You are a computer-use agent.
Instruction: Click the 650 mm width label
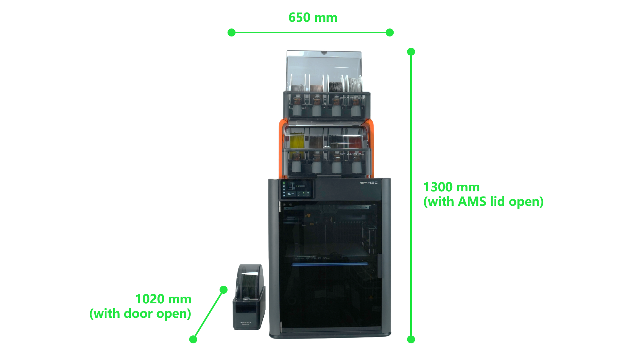point(313,18)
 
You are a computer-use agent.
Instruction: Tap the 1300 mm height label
point(451,187)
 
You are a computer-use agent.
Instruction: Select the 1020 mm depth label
point(163,299)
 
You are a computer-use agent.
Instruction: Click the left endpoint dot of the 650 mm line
point(231,32)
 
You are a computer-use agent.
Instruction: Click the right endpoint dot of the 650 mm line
point(390,32)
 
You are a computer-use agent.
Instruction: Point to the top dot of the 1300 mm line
point(411,52)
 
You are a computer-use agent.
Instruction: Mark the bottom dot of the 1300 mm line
point(411,339)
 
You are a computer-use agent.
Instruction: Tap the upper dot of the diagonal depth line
point(224,290)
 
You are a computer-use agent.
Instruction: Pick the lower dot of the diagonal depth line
point(193,339)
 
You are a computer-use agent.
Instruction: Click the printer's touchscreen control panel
point(296,189)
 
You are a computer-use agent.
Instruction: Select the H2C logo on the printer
point(372,183)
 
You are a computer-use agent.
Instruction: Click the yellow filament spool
point(297,141)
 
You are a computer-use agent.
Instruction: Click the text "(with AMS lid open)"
point(483,202)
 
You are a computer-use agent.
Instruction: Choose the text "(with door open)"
point(140,314)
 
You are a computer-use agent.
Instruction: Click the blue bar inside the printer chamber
point(330,264)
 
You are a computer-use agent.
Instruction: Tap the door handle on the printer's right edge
point(380,266)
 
